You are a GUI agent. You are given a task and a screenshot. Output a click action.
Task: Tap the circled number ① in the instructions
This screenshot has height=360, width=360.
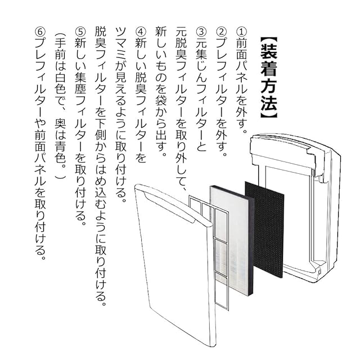tap(241, 32)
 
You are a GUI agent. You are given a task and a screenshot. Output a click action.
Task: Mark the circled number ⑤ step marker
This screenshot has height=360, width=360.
tap(82, 32)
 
